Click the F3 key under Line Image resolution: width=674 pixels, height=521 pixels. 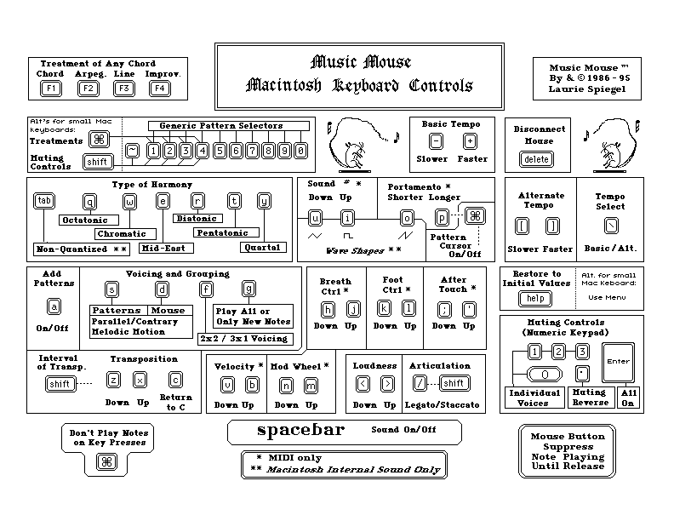[124, 88]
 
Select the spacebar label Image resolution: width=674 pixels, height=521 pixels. [300, 430]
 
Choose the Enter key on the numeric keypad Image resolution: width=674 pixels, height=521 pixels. [617, 362]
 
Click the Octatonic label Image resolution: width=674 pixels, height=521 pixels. [83, 220]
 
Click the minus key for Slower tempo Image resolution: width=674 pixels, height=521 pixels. [436, 141]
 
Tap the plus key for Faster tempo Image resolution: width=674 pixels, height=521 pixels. [470, 141]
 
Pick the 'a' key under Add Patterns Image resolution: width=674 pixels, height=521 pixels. [54, 306]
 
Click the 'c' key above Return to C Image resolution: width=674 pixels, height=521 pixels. [175, 380]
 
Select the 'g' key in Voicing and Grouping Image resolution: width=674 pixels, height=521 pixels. [248, 289]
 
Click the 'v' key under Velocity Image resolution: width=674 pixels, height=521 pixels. [227, 385]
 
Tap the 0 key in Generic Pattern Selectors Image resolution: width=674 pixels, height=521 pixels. [300, 151]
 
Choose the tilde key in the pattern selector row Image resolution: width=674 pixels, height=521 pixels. [132, 151]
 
